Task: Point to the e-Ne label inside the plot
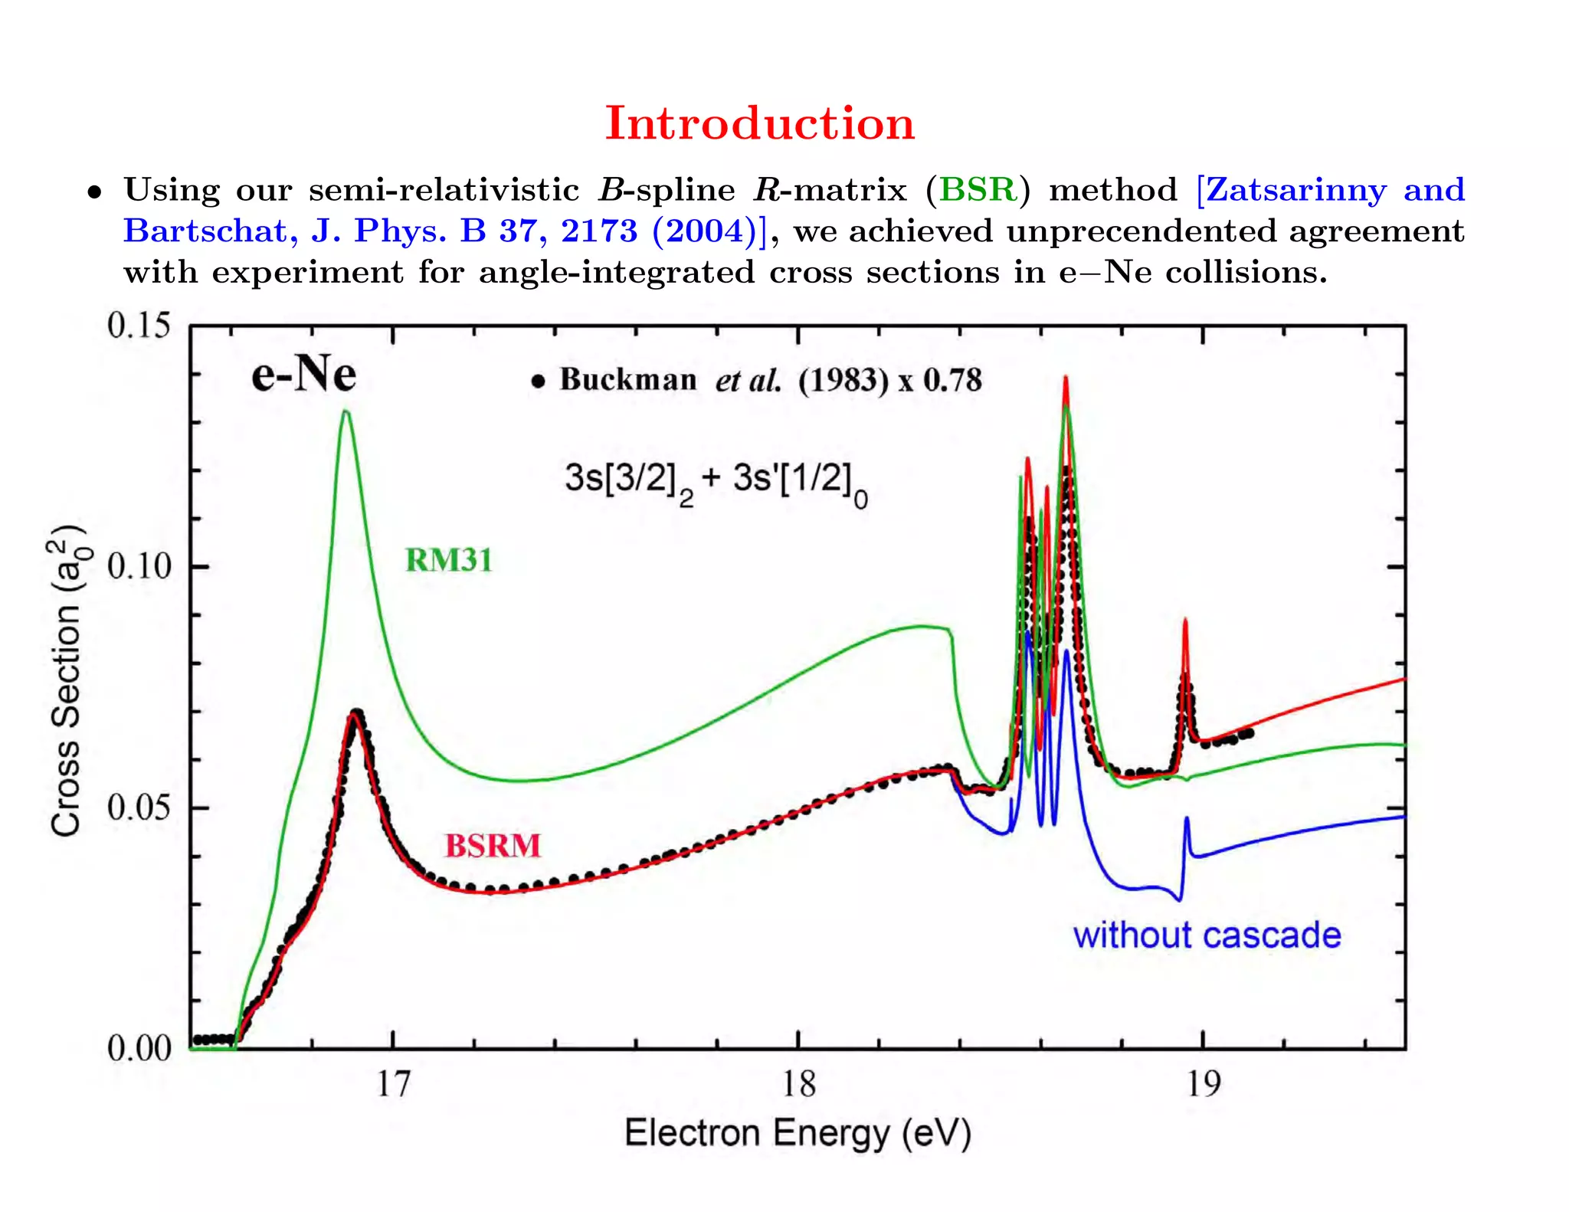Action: tap(304, 375)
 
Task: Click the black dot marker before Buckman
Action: tap(539, 381)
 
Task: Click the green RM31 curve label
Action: tap(448, 560)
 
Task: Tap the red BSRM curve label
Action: tap(493, 846)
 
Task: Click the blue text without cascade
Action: tap(1207, 935)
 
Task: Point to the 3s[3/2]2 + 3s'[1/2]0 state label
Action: tap(716, 481)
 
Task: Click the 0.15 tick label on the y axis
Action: tap(139, 326)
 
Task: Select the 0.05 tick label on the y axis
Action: tap(139, 807)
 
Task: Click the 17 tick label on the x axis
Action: tap(393, 1085)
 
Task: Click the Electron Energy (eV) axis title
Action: tap(798, 1133)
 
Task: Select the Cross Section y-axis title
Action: tap(66, 680)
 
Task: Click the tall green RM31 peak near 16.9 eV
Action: tap(346, 414)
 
